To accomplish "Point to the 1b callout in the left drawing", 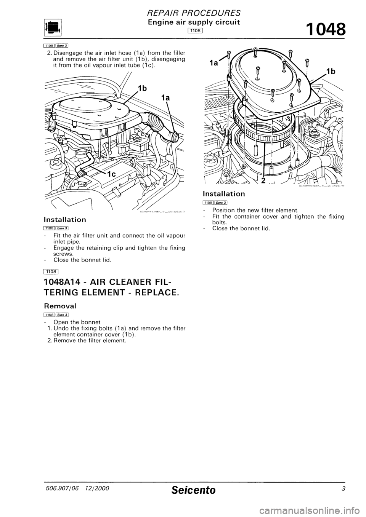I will (142, 89).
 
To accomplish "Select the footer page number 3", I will (344, 490).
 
